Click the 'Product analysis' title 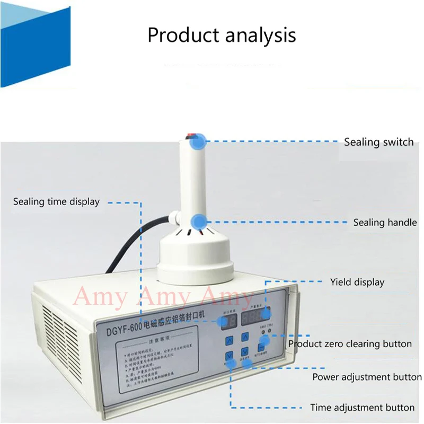point(222,36)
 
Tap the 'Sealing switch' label point(378,142)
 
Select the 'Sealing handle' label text point(385,223)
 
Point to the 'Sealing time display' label point(56,201)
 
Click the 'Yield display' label point(357,282)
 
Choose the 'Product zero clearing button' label point(350,344)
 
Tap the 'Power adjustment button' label point(367,377)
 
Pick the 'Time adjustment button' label point(362,408)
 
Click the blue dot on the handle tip point(198,141)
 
